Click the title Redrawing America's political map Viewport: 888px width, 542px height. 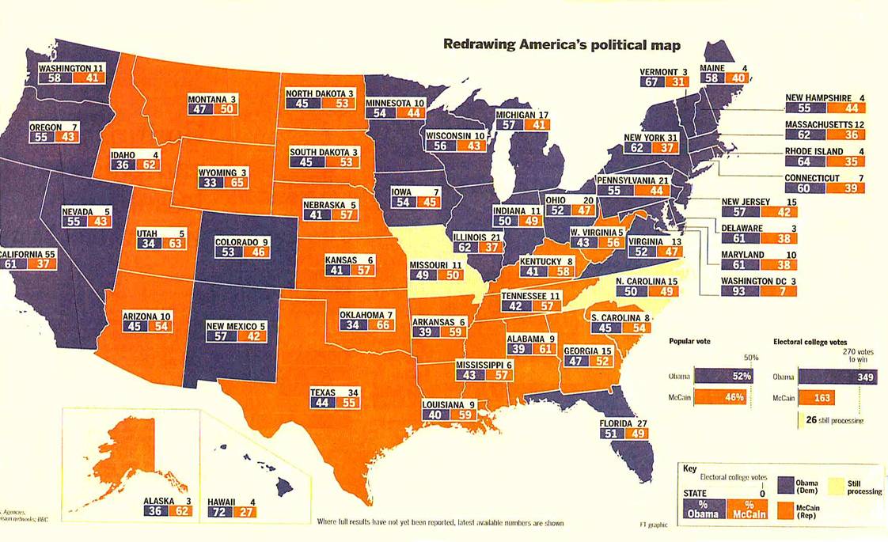click(561, 44)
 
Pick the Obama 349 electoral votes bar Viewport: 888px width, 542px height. click(837, 377)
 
